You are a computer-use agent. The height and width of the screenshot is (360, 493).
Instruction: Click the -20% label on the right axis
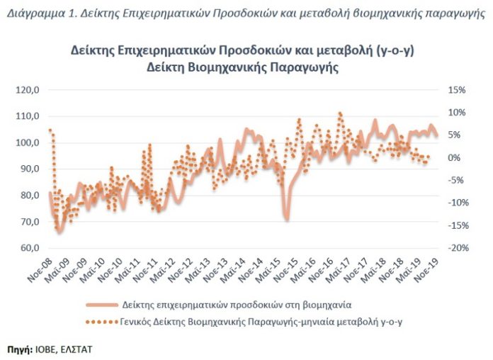point(455,248)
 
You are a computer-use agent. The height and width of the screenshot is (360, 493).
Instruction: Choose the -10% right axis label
point(455,203)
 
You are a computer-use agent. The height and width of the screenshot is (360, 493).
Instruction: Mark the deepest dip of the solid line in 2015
point(286,218)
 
